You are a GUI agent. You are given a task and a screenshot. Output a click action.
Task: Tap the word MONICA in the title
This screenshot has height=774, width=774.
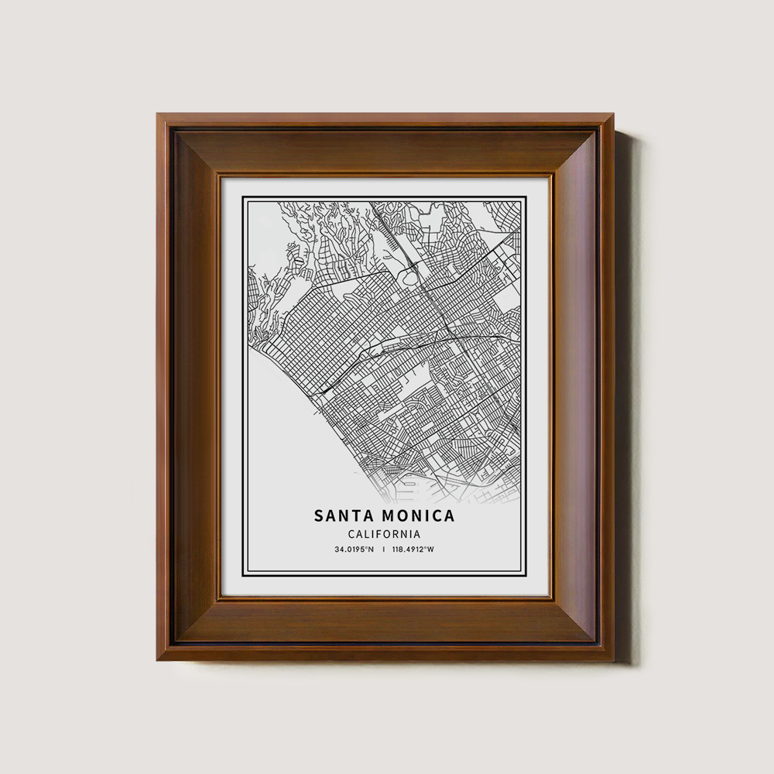pyautogui.click(x=418, y=515)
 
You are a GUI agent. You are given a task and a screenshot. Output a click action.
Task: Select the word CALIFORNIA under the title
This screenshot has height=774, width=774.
pyautogui.click(x=384, y=534)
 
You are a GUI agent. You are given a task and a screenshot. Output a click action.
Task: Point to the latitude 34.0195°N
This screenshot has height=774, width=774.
pyautogui.click(x=354, y=550)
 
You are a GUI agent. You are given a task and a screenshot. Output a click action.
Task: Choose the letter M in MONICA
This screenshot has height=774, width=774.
pyautogui.click(x=389, y=515)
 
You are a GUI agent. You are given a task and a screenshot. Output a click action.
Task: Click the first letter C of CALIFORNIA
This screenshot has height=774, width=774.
pyautogui.click(x=351, y=534)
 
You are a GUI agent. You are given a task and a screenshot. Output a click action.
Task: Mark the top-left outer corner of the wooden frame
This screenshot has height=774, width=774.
pyautogui.click(x=157, y=115)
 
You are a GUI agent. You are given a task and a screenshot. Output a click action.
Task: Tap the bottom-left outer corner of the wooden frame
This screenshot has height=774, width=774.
pyautogui.click(x=157, y=660)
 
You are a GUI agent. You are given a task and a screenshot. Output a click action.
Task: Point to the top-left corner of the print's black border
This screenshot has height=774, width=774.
pyautogui.click(x=242, y=197)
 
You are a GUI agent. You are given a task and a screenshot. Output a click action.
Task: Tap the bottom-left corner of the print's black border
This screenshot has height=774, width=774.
pyautogui.click(x=242, y=577)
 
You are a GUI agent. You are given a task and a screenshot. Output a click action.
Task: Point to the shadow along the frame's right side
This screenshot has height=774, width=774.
pyautogui.click(x=624, y=387)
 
